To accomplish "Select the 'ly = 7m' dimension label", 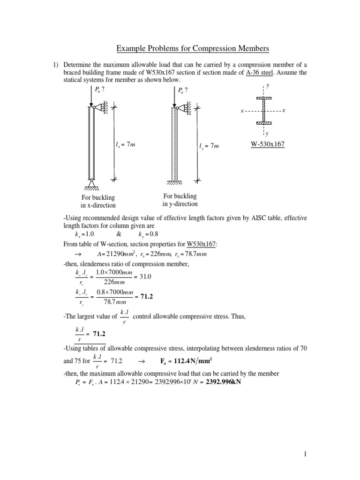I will pyautogui.click(x=209, y=146).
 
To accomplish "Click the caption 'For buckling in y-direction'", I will pyautogui.click(x=180, y=200).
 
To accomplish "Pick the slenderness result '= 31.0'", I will pyautogui.click(x=143, y=277).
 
